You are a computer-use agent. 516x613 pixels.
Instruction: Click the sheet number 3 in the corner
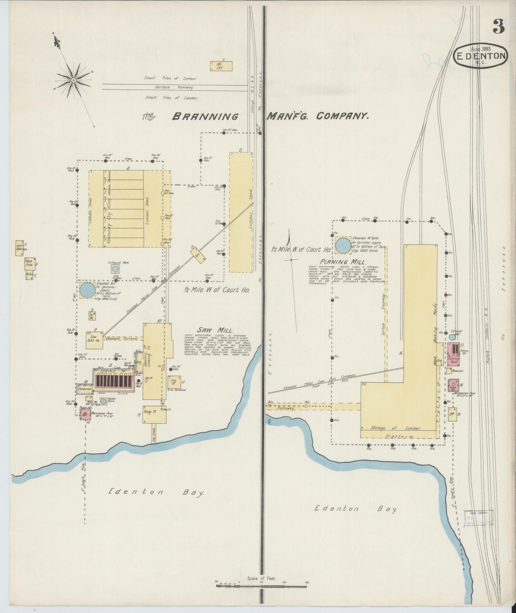click(499, 26)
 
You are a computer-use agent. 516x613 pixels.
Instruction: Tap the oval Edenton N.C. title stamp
click(481, 55)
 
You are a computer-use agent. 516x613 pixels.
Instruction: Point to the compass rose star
click(74, 80)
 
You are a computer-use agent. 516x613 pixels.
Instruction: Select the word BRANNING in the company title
click(205, 117)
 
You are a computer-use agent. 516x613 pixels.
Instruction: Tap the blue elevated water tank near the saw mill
click(87, 290)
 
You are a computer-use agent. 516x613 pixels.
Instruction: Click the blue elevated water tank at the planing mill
click(344, 245)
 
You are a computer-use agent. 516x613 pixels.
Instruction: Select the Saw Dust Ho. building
click(94, 338)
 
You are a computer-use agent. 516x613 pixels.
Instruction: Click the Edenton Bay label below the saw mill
click(156, 492)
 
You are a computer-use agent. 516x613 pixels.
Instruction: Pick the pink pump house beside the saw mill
click(85, 414)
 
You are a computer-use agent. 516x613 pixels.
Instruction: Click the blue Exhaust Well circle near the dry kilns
click(115, 269)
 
